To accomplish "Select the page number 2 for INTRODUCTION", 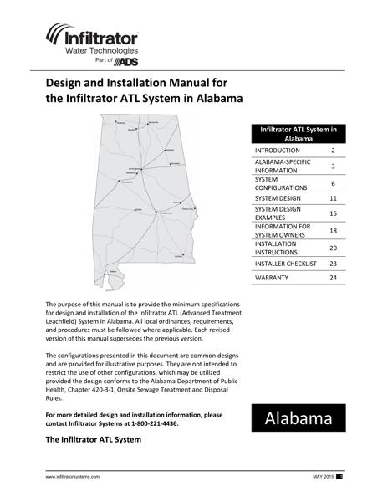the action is tap(333, 151).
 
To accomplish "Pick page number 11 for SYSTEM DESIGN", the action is tap(333, 198).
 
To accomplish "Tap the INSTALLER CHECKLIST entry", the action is tap(285, 263).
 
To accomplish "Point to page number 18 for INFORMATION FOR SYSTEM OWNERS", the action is tap(333, 230).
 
